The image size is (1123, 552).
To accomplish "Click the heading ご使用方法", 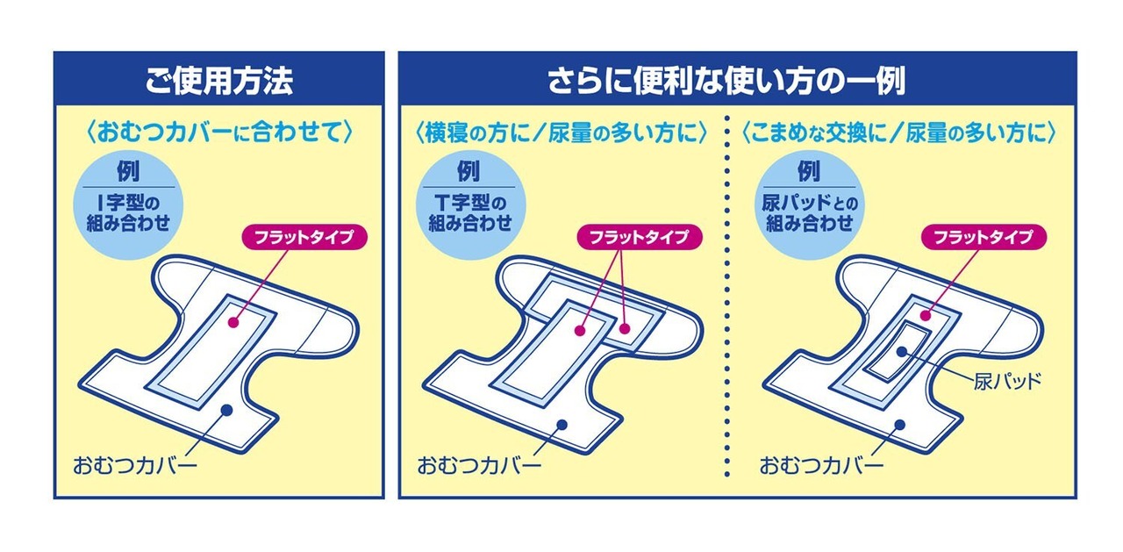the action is (x=218, y=81).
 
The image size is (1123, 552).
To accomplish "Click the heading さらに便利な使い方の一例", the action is (x=737, y=81).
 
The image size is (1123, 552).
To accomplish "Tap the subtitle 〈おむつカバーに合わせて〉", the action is (x=218, y=133).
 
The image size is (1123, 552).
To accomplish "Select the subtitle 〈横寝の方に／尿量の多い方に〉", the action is (x=561, y=133).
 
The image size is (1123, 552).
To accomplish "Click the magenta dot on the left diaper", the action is (x=233, y=322).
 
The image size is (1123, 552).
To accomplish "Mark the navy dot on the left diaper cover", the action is (x=226, y=410).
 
